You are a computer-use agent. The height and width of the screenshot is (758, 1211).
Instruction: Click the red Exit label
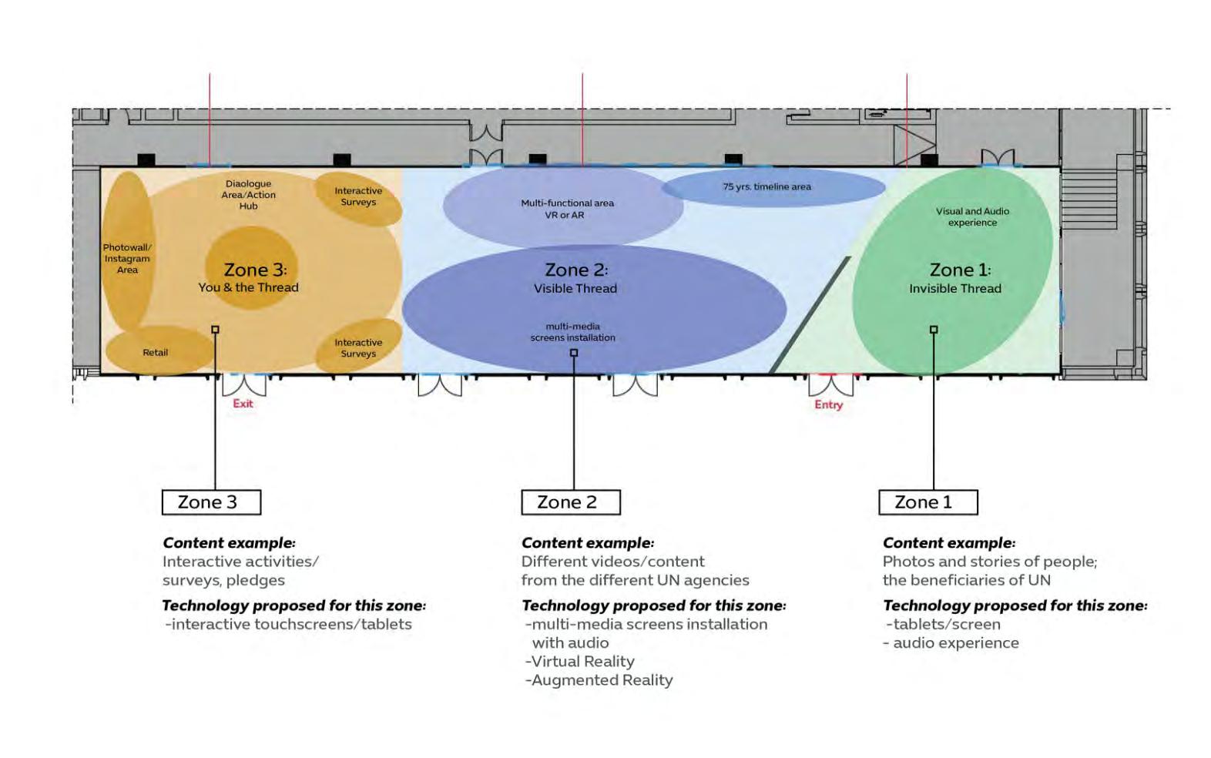(x=243, y=404)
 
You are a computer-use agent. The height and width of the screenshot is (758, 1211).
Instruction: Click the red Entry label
(x=828, y=404)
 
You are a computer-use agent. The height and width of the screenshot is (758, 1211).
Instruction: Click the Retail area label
(x=155, y=353)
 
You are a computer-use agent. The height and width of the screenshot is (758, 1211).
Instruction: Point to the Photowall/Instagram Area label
(x=127, y=259)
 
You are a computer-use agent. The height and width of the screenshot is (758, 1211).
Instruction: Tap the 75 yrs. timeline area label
(x=767, y=186)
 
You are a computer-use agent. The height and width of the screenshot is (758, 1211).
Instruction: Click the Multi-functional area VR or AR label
(x=567, y=209)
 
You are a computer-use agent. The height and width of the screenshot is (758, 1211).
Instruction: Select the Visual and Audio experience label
(x=972, y=216)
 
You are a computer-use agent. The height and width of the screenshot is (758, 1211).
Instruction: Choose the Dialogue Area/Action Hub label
(x=248, y=195)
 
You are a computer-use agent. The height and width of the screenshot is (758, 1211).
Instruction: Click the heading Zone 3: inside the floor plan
(x=255, y=270)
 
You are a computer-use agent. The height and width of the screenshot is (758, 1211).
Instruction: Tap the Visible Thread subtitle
(x=575, y=289)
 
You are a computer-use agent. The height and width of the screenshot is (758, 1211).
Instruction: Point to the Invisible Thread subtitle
(x=955, y=289)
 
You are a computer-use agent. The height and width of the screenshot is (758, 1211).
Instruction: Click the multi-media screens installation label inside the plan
(x=572, y=332)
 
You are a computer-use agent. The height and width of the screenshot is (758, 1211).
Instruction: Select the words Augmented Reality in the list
(x=602, y=680)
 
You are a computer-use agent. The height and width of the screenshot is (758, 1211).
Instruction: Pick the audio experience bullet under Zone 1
(x=955, y=643)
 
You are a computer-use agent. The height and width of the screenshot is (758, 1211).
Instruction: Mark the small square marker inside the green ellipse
(x=934, y=330)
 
